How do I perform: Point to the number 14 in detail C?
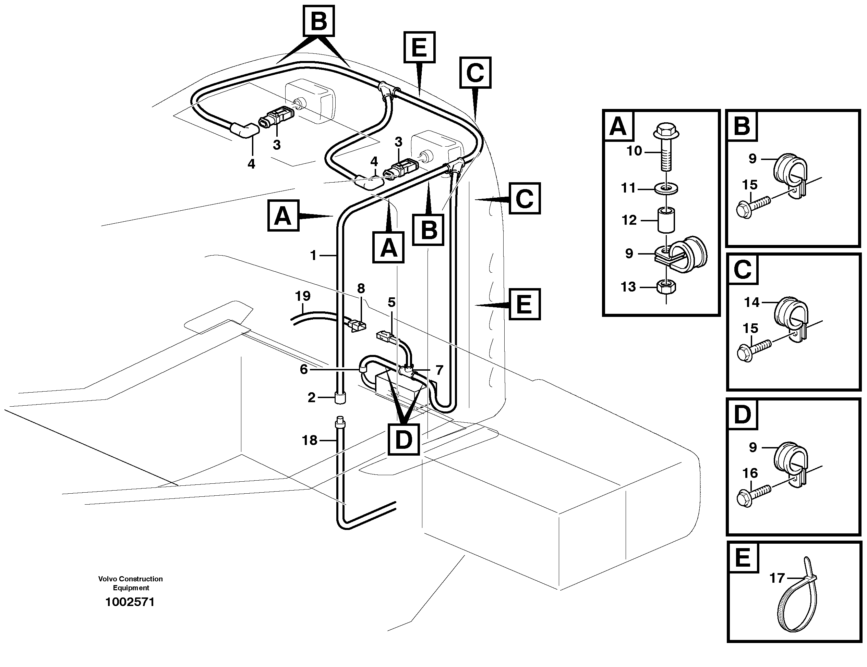(x=751, y=302)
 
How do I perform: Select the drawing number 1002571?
(x=130, y=602)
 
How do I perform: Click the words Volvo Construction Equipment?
(x=131, y=583)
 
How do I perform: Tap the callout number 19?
(x=302, y=296)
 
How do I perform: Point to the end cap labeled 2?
(x=340, y=398)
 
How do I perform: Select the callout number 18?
(x=310, y=440)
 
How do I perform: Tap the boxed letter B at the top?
(x=319, y=21)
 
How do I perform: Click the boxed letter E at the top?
(x=419, y=47)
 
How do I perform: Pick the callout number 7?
(x=439, y=370)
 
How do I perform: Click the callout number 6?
(x=304, y=369)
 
